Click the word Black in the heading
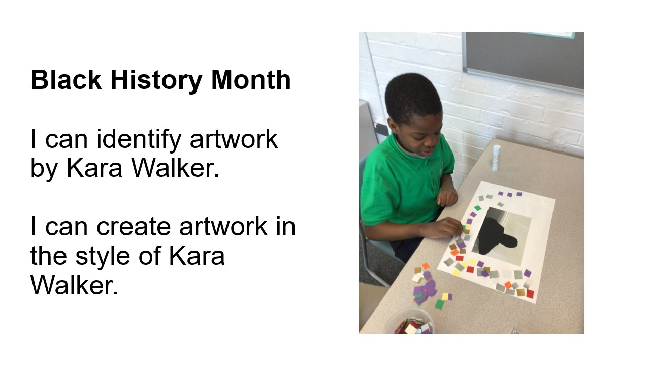66,80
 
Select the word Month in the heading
251,80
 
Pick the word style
103,257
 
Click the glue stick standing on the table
496,158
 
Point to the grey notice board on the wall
523,60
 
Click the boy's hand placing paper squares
444,228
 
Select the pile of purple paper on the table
425,289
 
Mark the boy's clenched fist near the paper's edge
447,197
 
